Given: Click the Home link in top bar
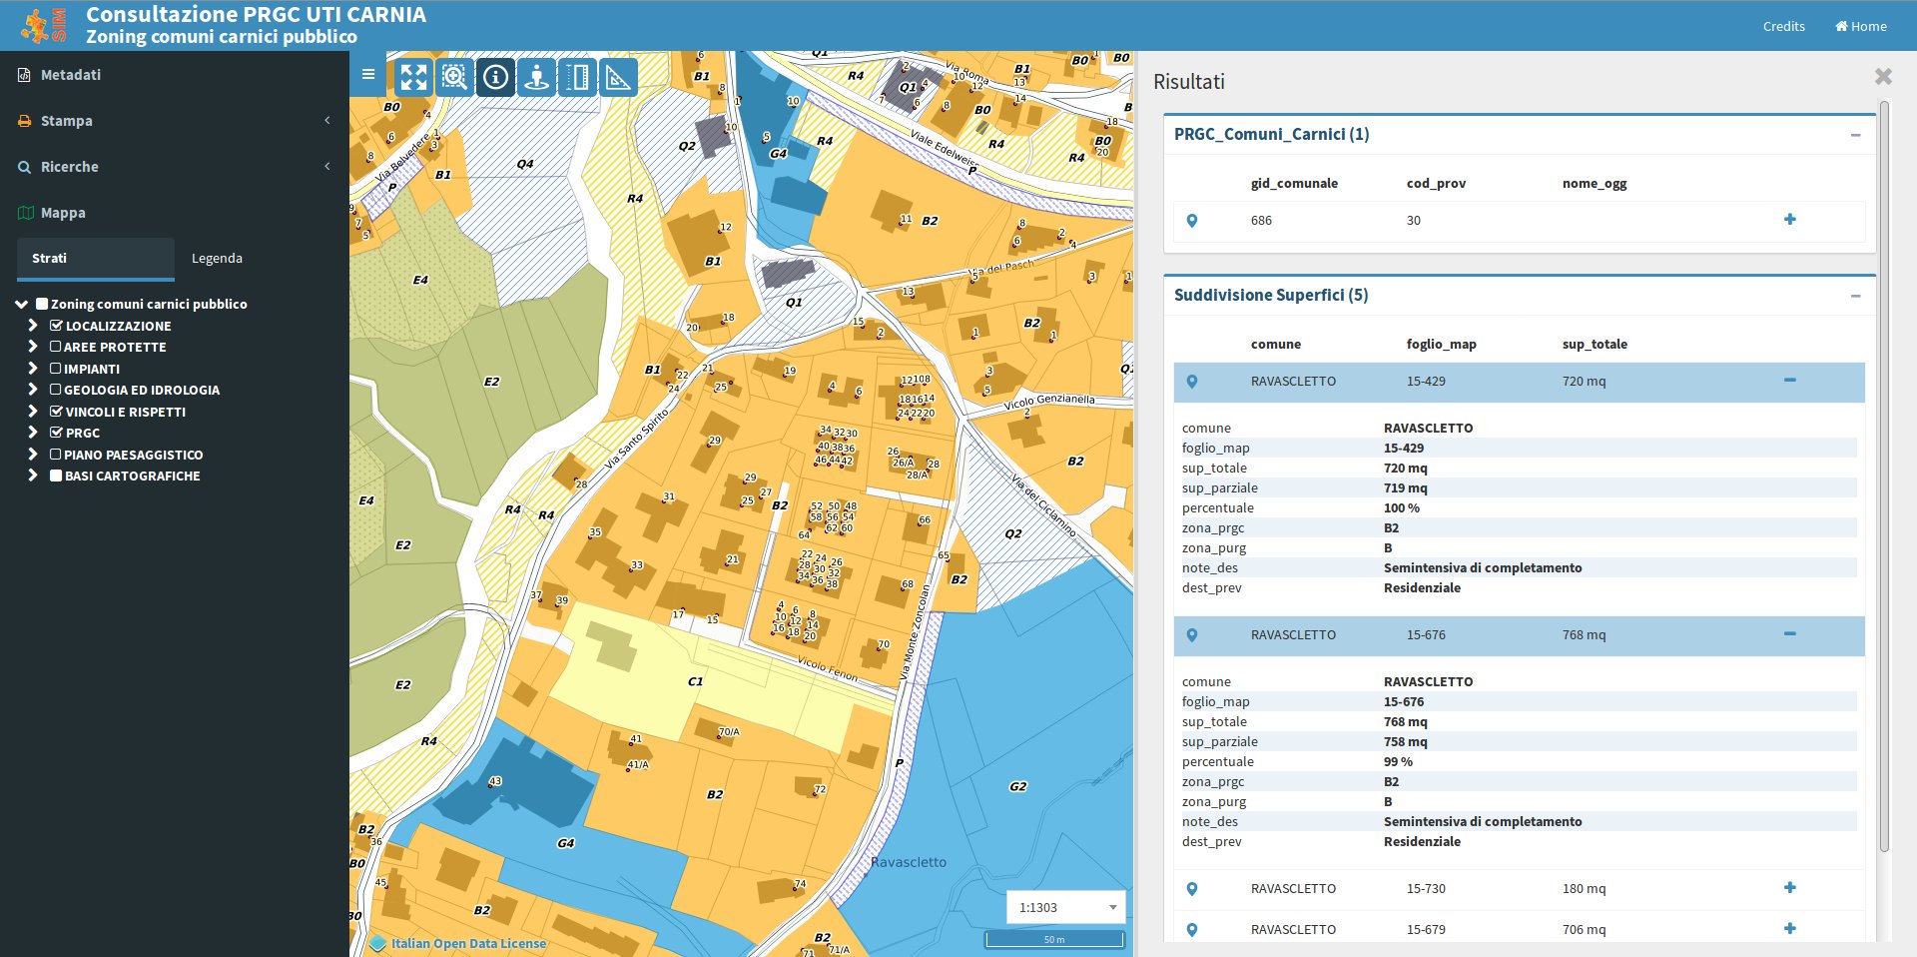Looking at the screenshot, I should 1860,26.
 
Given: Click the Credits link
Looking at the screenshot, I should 1783,26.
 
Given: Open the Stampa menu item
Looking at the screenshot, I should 67,121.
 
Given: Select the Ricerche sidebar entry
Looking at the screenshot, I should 69,167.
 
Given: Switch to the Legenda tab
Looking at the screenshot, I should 217,258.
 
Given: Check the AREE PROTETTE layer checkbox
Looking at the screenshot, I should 56,347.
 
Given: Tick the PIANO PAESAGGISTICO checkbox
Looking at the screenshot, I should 56,455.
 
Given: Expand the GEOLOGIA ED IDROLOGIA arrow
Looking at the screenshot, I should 33,390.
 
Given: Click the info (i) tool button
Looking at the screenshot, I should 495,77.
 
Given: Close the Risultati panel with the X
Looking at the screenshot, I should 1883,77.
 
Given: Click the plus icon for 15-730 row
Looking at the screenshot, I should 1789,887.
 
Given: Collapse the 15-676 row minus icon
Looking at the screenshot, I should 1789,633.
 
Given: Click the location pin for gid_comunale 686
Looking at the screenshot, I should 1191,221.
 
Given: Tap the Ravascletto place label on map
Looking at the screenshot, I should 908,862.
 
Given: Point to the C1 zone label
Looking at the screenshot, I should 695,681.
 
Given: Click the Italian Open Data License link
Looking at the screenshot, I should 467,943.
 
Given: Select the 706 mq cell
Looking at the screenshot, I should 1584,929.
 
